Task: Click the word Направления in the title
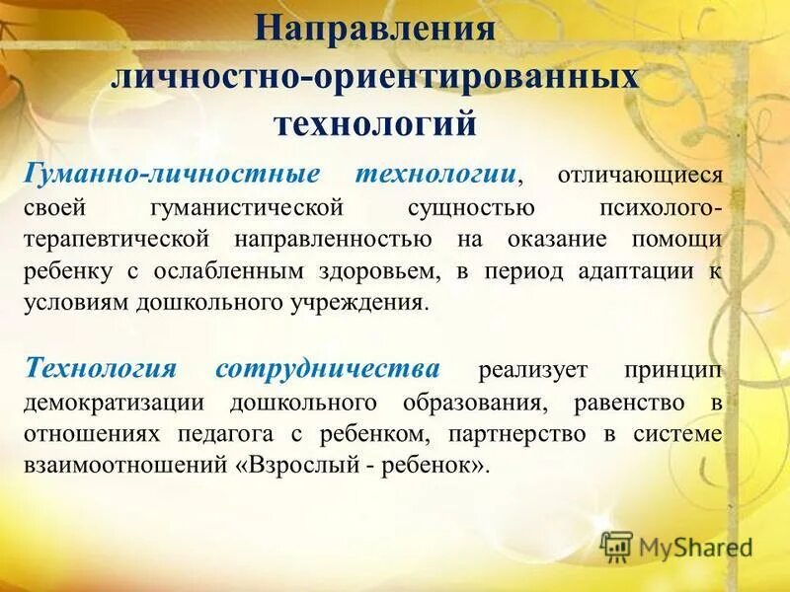[375, 27]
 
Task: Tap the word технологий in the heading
[375, 124]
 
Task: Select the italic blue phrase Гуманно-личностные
[172, 174]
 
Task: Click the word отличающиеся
[641, 177]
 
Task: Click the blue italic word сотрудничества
[328, 368]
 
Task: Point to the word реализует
[532, 371]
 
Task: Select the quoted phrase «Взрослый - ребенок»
[363, 466]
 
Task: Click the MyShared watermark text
[695, 546]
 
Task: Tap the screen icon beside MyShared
[616, 546]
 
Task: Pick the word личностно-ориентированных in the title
[375, 76]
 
